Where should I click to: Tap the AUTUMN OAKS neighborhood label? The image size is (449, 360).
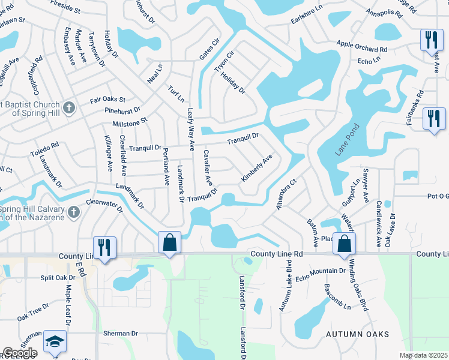(x=357, y=334)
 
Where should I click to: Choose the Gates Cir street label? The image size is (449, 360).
(x=210, y=52)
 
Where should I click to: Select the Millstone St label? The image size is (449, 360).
(x=130, y=122)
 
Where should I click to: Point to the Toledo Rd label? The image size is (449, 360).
(x=46, y=149)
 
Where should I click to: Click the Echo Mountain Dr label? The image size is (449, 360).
(x=319, y=271)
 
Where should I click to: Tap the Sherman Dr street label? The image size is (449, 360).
(x=120, y=334)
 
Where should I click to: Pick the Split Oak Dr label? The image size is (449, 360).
(x=58, y=278)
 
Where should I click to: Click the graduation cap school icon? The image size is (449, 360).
(x=55, y=340)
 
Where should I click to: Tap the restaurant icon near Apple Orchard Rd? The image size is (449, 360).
(x=431, y=40)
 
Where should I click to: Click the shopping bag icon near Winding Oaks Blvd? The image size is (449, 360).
(x=345, y=244)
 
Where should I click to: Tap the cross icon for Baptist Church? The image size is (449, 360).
(x=70, y=108)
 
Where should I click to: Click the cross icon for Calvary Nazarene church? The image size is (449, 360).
(x=74, y=212)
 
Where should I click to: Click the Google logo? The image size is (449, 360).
(x=20, y=353)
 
